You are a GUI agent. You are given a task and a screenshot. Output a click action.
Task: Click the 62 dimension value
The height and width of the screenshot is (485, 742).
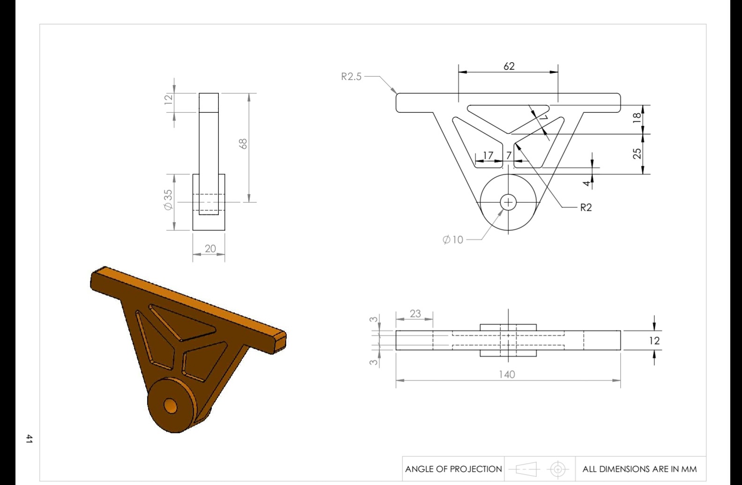pos(509,66)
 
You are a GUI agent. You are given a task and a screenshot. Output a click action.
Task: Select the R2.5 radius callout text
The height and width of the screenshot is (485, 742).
pos(351,77)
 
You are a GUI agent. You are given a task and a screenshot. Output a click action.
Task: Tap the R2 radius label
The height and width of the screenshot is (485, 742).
pos(586,207)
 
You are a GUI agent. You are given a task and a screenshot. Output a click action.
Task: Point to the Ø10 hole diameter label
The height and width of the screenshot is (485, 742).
pos(453,240)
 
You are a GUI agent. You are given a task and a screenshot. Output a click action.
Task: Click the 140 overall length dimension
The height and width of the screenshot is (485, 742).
pos(507,374)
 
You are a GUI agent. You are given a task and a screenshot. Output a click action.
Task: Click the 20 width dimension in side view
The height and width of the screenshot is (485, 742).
pos(210,249)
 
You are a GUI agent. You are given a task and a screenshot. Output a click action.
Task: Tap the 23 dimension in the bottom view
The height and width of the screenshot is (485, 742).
pos(415,314)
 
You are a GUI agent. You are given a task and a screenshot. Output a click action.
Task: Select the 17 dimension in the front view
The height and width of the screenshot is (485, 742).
pos(488,155)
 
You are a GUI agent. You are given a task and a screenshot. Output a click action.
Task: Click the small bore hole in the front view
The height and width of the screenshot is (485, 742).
pos(508,202)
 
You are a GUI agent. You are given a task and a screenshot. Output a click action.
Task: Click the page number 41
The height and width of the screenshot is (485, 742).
pos(29,439)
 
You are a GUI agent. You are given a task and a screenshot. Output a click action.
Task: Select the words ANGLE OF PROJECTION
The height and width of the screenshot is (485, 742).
pos(453,469)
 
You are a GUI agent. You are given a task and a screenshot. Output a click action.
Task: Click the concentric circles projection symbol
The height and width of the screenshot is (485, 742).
pos(557,469)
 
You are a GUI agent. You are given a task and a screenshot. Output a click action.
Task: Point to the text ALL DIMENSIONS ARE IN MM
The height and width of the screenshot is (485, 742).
pos(639,469)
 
